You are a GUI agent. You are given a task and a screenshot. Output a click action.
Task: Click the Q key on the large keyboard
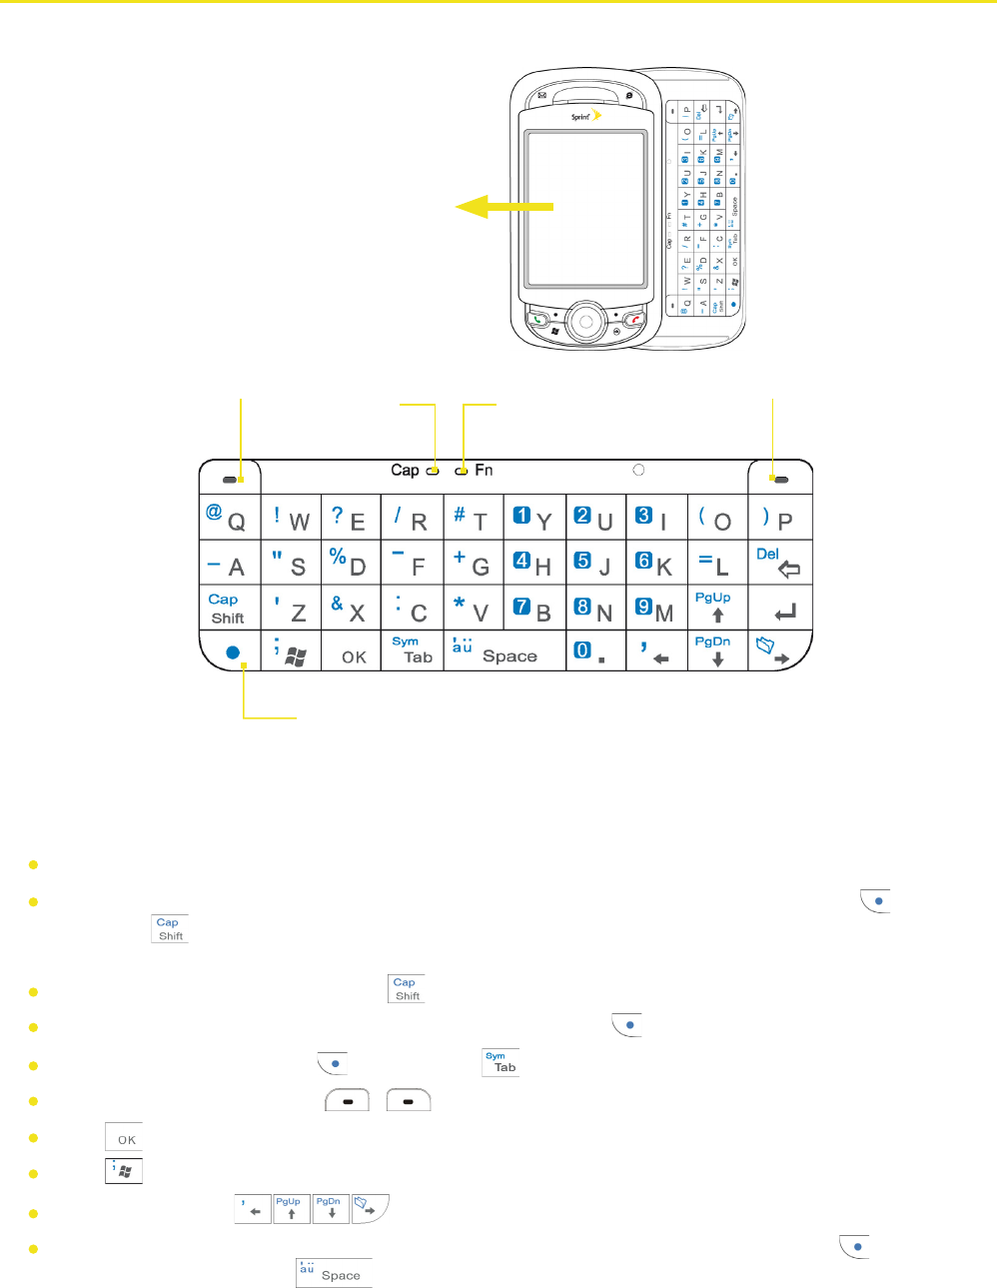229,518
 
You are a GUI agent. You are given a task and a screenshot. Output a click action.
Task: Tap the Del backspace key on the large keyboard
779,563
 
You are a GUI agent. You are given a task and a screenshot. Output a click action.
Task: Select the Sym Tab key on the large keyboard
412,649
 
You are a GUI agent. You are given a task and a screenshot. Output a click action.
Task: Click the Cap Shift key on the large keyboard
228,608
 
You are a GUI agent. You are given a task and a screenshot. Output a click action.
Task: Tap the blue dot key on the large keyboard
232,651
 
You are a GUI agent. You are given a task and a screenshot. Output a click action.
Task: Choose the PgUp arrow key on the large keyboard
716,607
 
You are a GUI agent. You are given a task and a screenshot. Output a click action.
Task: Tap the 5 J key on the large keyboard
594,564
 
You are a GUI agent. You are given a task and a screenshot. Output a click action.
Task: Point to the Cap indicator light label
406,470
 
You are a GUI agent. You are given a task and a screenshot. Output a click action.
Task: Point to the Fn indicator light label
484,470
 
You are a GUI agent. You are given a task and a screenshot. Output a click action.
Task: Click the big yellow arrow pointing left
503,206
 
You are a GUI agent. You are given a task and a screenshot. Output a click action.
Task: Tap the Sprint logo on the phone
585,117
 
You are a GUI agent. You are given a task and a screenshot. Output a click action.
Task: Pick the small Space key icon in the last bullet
334,1273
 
